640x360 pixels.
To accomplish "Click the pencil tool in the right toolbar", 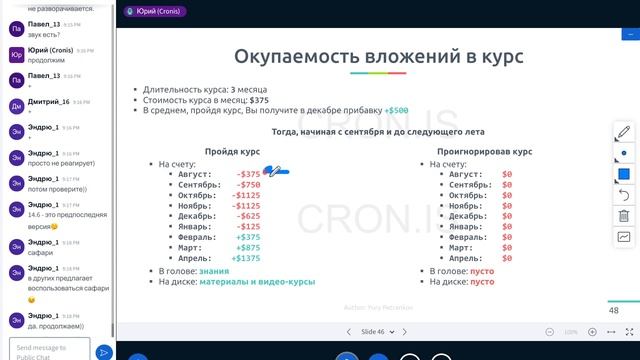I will point(623,131).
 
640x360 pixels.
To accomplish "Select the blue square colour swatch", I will point(623,173).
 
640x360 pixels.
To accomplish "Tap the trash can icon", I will point(623,215).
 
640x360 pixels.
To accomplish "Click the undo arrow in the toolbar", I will point(623,194).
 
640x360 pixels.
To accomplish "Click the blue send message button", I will point(104,351).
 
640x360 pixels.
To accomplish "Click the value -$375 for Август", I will point(248,174).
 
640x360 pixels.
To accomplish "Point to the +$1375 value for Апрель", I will point(245,258).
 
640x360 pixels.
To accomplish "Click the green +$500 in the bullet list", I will point(397,110).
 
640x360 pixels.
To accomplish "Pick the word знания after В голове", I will point(214,270).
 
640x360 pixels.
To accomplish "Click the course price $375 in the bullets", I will point(259,100).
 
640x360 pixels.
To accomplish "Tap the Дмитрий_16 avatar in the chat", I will point(15,104).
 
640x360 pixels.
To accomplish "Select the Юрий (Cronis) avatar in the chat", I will point(15,54).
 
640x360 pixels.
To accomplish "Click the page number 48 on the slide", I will point(614,310).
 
